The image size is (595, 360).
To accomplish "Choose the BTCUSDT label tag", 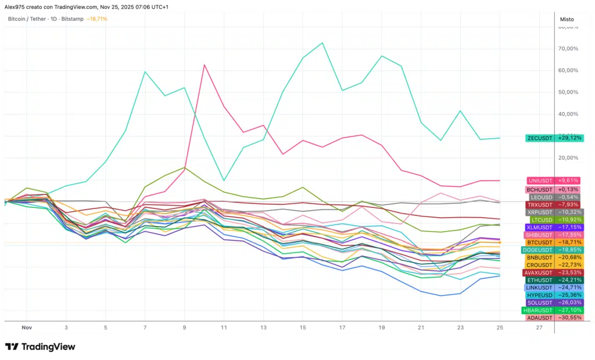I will pos(540,242).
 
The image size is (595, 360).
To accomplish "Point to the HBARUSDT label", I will pos(539,310).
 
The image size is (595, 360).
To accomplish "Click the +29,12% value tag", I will pos(569,138).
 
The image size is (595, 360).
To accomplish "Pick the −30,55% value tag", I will pos(569,318).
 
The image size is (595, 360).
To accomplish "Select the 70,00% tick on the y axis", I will pos(568,49).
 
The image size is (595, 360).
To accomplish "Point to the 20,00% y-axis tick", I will pos(568,158).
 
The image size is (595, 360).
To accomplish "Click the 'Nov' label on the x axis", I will pos(26,327).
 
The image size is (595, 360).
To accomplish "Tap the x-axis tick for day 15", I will pos(303,327).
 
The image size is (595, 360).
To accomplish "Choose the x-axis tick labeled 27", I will pos(539,327).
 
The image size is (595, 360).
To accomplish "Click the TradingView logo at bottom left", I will pos(40,347).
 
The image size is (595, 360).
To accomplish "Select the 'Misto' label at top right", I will pos(567,19).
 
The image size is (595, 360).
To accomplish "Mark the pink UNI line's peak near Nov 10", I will pos(205,64).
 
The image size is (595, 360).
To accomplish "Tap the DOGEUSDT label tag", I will pos(539,250).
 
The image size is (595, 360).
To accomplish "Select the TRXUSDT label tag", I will pos(540,204).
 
